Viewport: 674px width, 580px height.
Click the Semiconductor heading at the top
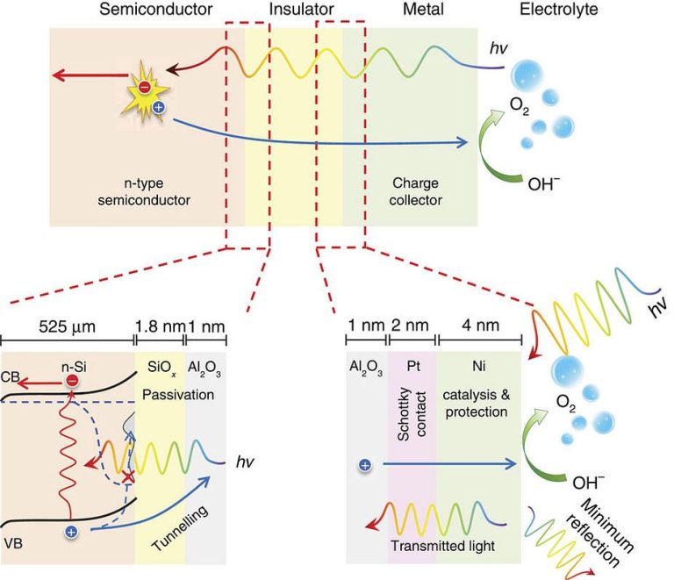[x=156, y=9]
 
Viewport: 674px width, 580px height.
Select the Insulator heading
[x=301, y=9]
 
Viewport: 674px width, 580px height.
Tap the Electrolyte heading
[x=559, y=10]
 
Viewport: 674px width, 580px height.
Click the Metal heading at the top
[x=423, y=9]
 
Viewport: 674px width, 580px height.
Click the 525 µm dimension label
[x=67, y=326]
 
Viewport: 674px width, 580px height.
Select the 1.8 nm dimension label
[x=160, y=326]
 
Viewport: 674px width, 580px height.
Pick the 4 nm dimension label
[x=481, y=326]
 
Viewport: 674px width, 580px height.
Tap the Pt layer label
[x=413, y=366]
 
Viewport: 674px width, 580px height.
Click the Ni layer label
[x=478, y=366]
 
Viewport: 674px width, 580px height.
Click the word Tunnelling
[x=180, y=528]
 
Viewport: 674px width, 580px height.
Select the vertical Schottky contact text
[x=412, y=416]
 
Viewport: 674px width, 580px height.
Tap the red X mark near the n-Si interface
[x=127, y=476]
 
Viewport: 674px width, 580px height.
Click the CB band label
[x=11, y=376]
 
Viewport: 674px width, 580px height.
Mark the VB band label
[x=13, y=543]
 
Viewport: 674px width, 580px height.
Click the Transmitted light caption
[x=442, y=546]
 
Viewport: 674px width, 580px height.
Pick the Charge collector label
[x=416, y=191]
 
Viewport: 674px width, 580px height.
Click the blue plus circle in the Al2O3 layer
[x=365, y=465]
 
